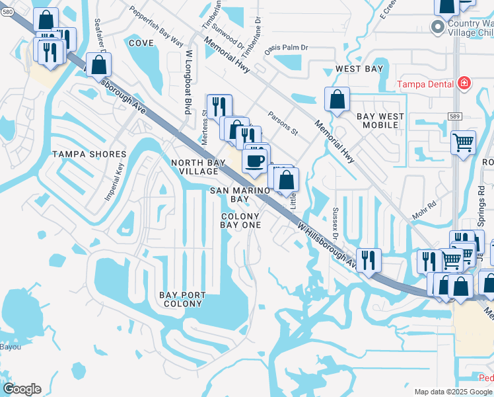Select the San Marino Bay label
239,195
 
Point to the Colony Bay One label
241,220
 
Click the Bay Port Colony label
183,299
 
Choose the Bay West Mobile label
380,120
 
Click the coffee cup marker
255,160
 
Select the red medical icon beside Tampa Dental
464,83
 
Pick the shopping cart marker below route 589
463,142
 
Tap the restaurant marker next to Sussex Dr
369,259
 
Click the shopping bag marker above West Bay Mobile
337,99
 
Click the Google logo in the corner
22,389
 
